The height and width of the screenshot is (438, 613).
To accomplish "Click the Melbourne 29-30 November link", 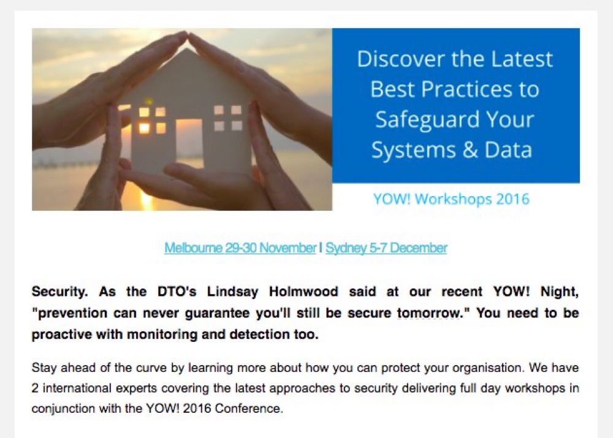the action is pyautogui.click(x=240, y=247).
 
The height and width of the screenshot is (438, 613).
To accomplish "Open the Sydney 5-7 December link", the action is pyautogui.click(x=386, y=247).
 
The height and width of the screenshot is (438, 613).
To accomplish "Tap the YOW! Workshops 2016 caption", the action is pyautogui.click(x=451, y=199).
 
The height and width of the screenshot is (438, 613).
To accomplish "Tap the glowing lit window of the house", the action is pyautogui.click(x=144, y=127).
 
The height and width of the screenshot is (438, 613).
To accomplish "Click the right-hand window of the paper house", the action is pyautogui.click(x=227, y=118).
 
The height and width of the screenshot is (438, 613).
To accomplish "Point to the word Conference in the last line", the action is pyautogui.click(x=249, y=409).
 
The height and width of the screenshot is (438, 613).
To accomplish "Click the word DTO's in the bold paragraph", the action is pyautogui.click(x=177, y=292).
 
